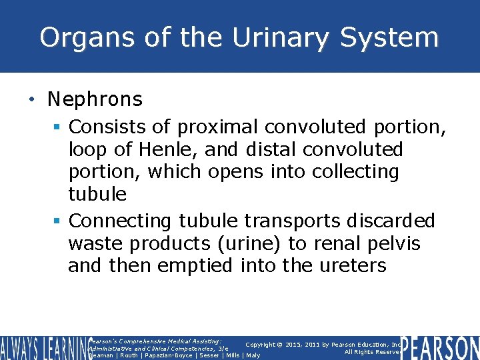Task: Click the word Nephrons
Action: tap(95, 100)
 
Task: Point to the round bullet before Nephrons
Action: tap(32, 101)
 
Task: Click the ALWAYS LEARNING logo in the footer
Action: tap(43, 347)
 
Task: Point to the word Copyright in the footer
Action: tap(265, 344)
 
